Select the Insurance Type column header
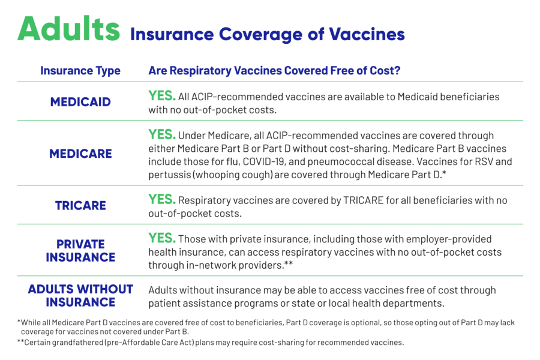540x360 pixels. (x=80, y=71)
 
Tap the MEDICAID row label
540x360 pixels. (x=80, y=102)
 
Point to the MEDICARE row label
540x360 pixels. (x=80, y=154)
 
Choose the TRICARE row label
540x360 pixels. (x=80, y=205)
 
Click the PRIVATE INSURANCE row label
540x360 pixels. (x=80, y=251)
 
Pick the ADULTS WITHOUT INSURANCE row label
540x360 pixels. (x=80, y=296)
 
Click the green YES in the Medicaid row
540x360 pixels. (x=162, y=95)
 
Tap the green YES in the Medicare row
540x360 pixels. (x=162, y=135)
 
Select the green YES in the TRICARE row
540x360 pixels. (x=162, y=199)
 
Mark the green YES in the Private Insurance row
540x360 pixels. (x=162, y=238)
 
